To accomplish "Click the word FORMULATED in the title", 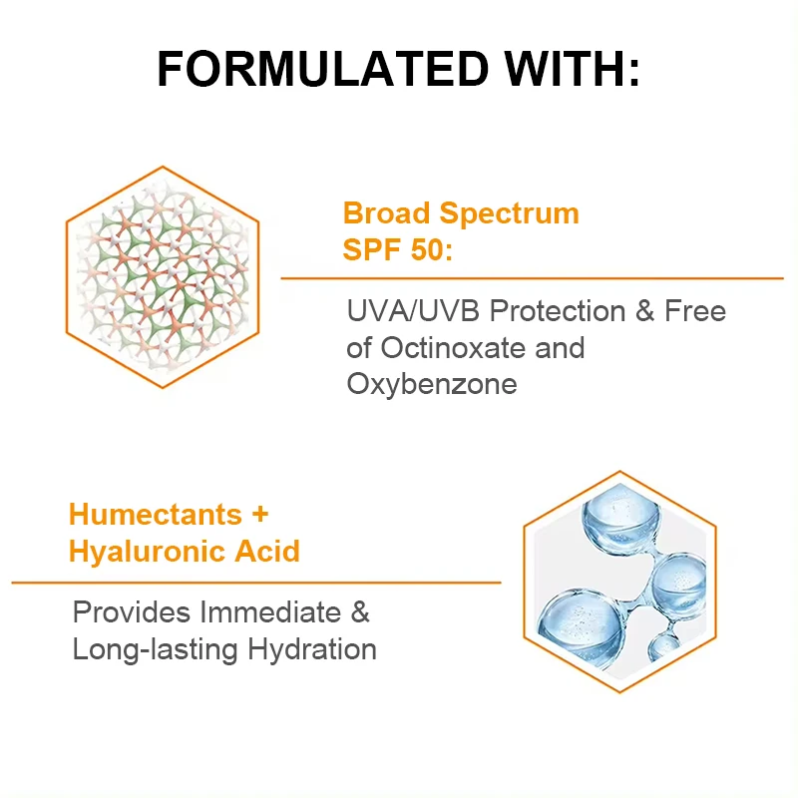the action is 323,69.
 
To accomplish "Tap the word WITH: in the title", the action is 572,69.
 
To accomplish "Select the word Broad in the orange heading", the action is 386,212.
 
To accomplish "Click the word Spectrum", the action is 510,214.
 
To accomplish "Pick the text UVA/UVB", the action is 413,310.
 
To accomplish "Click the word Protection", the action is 558,310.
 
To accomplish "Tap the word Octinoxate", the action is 454,347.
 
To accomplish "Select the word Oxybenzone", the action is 432,384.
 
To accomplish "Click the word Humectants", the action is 156,514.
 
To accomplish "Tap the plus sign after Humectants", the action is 260,515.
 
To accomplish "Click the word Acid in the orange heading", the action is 267,551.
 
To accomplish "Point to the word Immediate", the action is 269,611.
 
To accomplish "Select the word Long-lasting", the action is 156,650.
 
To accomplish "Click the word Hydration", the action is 312,650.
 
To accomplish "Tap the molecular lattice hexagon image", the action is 163,277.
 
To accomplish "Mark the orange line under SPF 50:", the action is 532,278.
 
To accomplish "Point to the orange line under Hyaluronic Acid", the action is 256,583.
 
